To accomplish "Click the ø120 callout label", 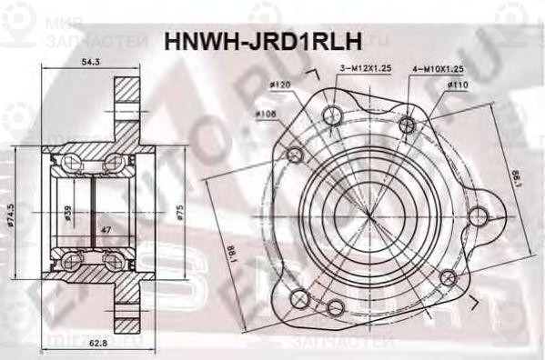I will tap(279, 85).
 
